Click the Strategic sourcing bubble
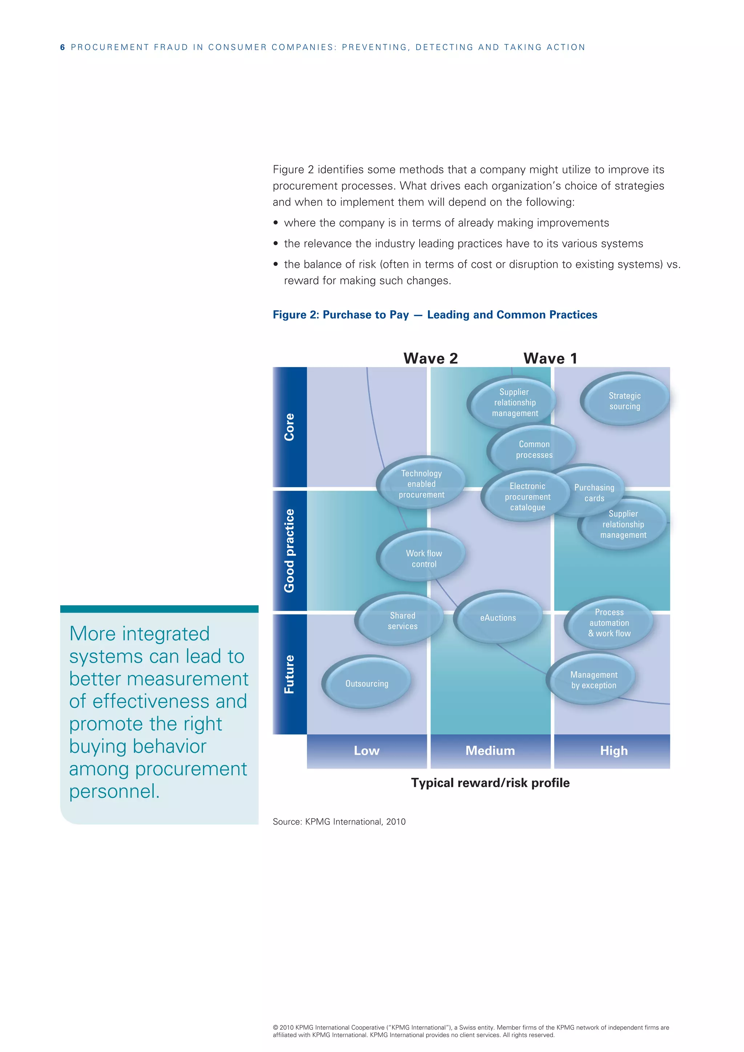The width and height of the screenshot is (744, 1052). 625,400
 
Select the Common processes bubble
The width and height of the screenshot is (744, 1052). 534,449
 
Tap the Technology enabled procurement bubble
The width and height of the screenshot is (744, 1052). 421,483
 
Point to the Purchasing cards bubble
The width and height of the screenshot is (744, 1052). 594,492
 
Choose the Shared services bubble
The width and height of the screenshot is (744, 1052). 402,620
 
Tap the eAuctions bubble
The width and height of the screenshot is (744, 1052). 498,618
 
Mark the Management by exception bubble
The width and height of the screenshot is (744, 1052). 593,680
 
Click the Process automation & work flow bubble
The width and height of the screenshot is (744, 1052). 609,623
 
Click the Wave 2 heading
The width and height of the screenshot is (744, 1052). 430,358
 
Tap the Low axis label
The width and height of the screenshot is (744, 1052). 367,750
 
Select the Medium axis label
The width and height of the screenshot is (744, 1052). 490,750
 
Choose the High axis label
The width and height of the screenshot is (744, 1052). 614,750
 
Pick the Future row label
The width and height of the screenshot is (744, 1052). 289,673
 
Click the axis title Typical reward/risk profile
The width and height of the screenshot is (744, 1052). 490,782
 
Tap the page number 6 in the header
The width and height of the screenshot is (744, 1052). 62,47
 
